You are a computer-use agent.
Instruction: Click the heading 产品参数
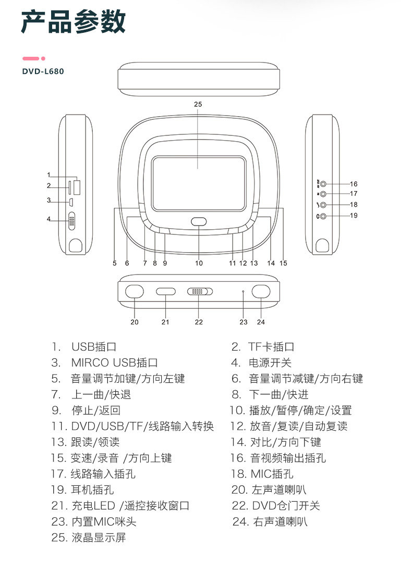click(73, 23)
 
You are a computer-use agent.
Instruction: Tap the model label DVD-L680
click(43, 71)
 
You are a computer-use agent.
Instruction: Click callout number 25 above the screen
click(198, 104)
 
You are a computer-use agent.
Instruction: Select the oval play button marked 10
click(199, 221)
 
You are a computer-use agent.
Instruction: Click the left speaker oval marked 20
click(135, 292)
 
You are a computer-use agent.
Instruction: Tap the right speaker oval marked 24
click(260, 292)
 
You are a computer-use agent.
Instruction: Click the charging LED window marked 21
click(165, 292)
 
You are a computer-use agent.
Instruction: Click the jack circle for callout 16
click(324, 184)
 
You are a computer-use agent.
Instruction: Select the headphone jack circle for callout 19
click(324, 216)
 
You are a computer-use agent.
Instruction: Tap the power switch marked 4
click(72, 220)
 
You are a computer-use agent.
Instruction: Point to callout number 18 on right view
click(354, 205)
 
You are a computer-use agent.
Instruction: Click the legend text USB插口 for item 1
click(94, 347)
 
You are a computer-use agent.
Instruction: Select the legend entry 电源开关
click(270, 363)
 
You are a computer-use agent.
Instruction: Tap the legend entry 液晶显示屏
click(99, 538)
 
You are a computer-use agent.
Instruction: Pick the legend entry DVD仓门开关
click(286, 506)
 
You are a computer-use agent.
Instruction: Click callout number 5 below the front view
click(114, 263)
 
